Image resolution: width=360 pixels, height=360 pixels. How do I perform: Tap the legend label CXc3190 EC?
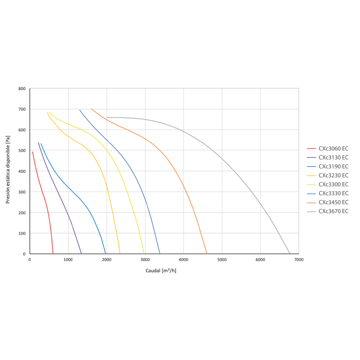point(333,166)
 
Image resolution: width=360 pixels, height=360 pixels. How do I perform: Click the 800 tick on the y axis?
point(22,89)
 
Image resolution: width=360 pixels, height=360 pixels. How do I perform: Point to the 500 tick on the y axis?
point(22,150)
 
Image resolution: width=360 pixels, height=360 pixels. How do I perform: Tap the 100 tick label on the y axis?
point(22,234)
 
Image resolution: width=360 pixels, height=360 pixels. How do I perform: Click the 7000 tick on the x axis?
point(299,260)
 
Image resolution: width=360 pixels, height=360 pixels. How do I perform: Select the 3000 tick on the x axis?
point(145,260)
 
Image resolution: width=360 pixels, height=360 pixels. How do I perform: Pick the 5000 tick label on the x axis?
point(222,260)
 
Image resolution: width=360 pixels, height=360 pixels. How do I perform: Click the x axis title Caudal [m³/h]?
point(161,270)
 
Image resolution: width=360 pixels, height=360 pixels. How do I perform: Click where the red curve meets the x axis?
point(53,254)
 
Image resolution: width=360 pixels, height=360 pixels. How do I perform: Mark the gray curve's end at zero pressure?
point(290,254)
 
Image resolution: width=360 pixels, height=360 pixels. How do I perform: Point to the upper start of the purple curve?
point(39,143)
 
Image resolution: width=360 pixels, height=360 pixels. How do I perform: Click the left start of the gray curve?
point(107,118)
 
